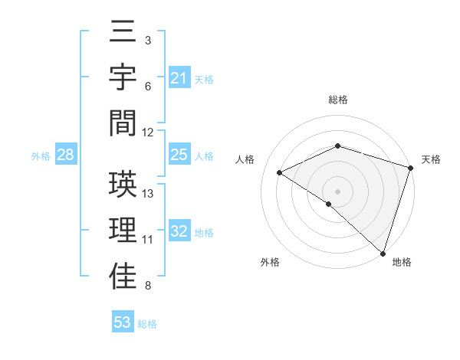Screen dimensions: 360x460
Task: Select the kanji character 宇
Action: (123, 78)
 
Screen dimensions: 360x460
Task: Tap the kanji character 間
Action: (123, 122)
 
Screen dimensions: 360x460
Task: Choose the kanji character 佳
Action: (123, 276)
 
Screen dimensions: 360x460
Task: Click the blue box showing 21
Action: (179, 77)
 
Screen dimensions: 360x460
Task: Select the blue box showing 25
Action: (179, 155)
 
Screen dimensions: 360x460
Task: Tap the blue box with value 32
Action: (179, 232)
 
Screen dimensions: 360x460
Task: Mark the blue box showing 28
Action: (65, 155)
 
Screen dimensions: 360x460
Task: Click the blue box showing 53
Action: (123, 322)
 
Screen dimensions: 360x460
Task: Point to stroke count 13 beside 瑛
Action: (149, 193)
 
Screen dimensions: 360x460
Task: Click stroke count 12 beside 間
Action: (148, 132)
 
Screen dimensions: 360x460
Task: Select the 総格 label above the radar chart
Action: (338, 100)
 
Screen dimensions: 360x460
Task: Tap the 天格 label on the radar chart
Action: (432, 159)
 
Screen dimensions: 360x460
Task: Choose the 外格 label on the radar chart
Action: (270, 262)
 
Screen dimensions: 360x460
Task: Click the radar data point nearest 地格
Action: (383, 253)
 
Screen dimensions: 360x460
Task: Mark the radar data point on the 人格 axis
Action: (280, 173)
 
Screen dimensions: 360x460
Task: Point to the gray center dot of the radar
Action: (337, 191)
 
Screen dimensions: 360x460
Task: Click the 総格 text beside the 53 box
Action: (147, 323)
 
